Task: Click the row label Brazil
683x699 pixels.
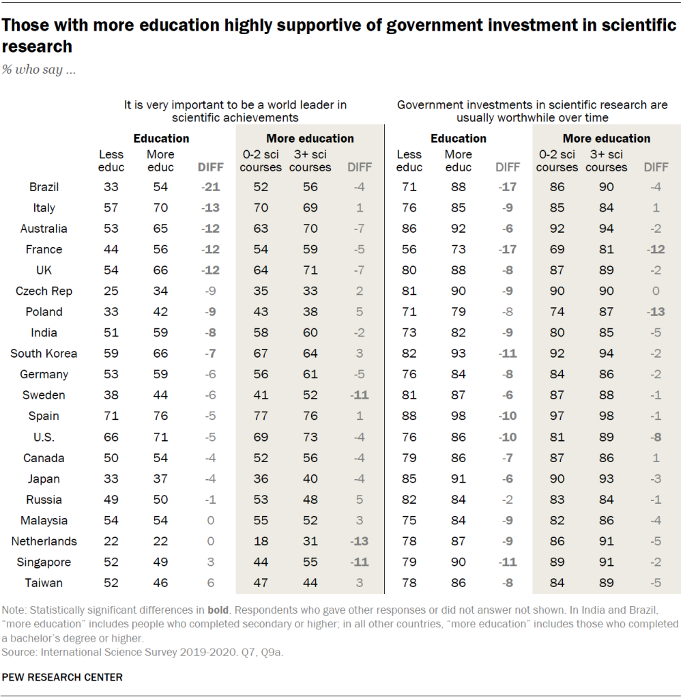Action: coord(44,187)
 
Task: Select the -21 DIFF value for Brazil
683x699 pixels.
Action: coord(209,187)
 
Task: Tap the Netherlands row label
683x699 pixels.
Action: coord(44,541)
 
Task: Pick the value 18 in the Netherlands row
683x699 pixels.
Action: coord(260,541)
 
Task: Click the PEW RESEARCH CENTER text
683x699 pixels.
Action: coord(63,677)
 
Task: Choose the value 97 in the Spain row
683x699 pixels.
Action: coord(557,416)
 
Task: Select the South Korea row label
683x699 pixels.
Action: coord(44,354)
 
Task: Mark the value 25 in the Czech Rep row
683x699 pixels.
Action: coord(111,291)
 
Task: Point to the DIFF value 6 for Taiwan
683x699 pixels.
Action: coord(209,583)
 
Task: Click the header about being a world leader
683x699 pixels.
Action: coord(235,111)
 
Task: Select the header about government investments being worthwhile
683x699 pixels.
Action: coord(532,111)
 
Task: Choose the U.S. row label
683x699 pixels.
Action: coord(44,437)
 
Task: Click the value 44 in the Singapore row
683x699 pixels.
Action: coord(260,562)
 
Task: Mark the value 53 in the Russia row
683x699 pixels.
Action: coord(260,500)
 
